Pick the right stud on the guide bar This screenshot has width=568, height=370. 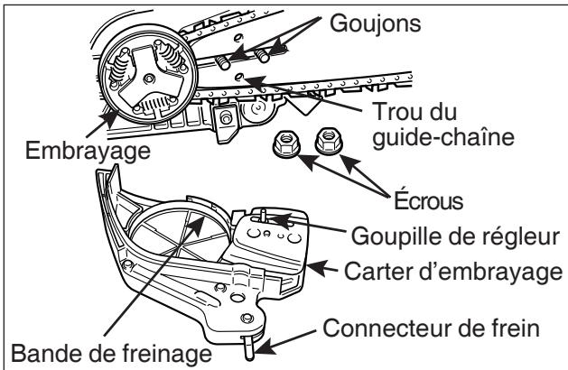click(263, 55)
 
